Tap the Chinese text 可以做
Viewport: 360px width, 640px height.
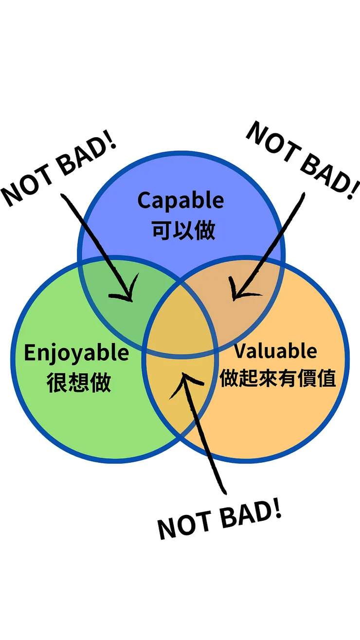(x=183, y=230)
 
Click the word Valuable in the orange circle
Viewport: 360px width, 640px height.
(x=276, y=350)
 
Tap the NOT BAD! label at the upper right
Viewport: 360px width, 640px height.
(x=303, y=160)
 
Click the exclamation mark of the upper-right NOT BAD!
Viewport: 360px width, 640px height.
(x=354, y=189)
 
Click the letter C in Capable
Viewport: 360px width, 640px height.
(x=144, y=201)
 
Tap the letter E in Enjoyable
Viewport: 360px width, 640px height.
(x=30, y=352)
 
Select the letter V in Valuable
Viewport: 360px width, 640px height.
(x=241, y=350)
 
